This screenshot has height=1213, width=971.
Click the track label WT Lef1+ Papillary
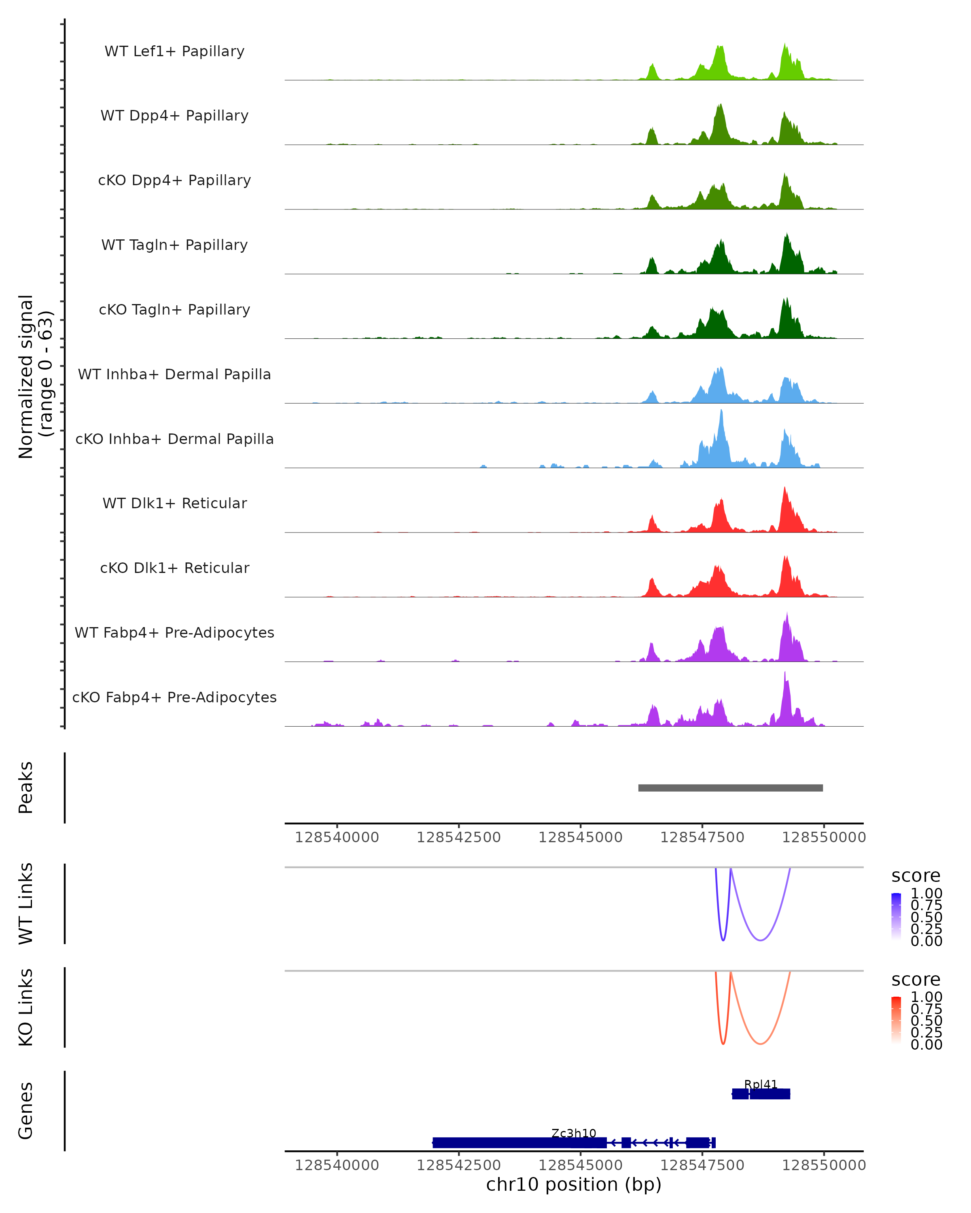pyautogui.click(x=174, y=51)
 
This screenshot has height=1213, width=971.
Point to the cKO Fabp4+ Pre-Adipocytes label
pyautogui.click(x=174, y=697)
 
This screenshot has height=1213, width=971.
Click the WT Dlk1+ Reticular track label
pyautogui.click(x=174, y=503)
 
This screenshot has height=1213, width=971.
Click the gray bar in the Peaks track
pyautogui.click(x=730, y=788)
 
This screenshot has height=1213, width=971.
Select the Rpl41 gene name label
pyautogui.click(x=761, y=1084)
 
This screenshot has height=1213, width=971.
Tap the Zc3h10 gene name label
pyautogui.click(x=574, y=1133)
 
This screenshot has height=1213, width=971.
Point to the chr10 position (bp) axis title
pyautogui.click(x=574, y=1184)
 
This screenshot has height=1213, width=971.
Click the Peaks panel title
pyautogui.click(x=26, y=788)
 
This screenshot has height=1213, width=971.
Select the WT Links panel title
pyautogui.click(x=26, y=904)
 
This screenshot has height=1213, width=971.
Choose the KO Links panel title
pyautogui.click(x=26, y=1007)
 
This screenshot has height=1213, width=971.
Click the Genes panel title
pyautogui.click(x=26, y=1111)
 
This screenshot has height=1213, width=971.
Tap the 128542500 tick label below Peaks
pyautogui.click(x=459, y=837)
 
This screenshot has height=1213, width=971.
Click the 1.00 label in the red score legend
pyautogui.click(x=926, y=996)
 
